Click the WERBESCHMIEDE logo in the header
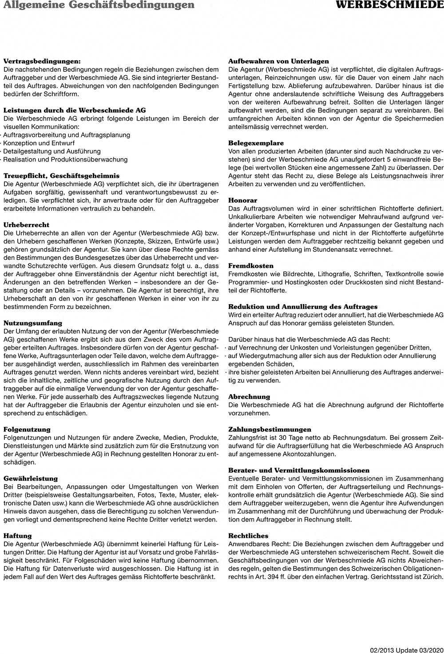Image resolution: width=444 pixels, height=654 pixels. pos(389,5)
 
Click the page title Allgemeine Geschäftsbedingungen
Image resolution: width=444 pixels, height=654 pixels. pos(98,5)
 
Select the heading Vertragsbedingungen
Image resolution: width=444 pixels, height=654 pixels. pos(42,61)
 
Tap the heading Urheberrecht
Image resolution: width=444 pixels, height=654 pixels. pos(26,225)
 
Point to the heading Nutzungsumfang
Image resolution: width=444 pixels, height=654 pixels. pos(33,323)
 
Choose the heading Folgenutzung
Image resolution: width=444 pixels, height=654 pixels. pos(27,429)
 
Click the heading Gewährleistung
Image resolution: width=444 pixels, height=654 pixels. pos(31,478)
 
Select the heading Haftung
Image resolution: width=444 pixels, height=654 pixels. pos(17,536)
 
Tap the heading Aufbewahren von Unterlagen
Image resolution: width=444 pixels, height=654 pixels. pos(278,61)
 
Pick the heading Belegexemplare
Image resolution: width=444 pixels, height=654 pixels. pos(256,143)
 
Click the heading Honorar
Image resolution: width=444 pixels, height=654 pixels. pos(242,200)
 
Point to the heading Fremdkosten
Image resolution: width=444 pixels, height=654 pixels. pos(251,266)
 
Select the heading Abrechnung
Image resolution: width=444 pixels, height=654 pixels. pos(249,396)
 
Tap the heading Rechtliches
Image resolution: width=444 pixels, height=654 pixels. pos(248,536)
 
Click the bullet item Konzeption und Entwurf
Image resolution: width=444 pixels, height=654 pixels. pos(39,143)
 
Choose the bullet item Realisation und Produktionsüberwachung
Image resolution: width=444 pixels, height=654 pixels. pos(65,160)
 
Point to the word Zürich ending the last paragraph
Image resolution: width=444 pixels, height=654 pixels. pos(433,577)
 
